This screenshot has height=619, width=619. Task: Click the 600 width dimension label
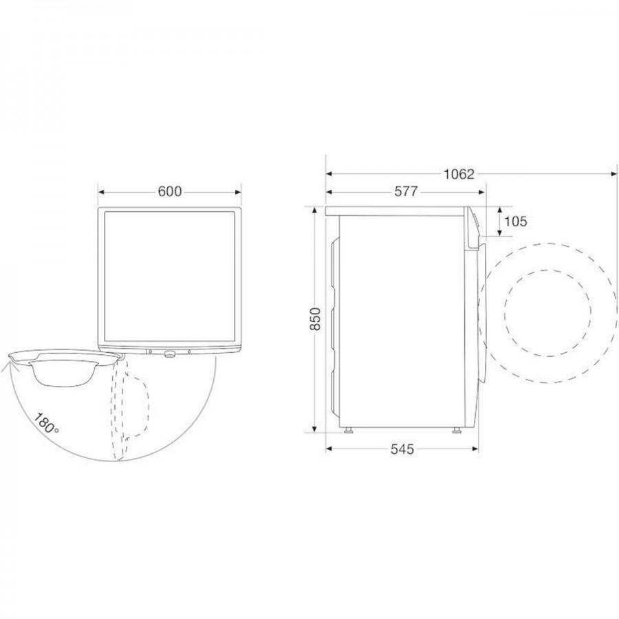tap(170, 191)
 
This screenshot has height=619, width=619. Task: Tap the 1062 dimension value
tap(459, 174)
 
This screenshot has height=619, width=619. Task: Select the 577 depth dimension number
tap(406, 191)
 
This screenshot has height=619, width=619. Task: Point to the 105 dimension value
tap(516, 221)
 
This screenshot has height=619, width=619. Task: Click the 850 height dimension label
tap(316, 318)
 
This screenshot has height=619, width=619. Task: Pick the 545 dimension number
tap(402, 449)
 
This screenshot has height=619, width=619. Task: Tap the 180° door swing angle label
tap(46, 423)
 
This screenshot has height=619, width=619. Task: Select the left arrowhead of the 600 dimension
tap(101, 193)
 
